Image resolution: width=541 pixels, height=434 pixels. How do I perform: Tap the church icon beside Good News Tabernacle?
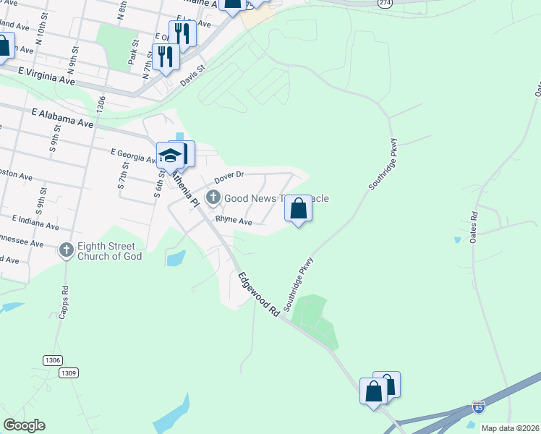point(213,197)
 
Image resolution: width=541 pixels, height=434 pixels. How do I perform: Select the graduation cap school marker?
point(169,156)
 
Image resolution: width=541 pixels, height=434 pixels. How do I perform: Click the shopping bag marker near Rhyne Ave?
point(298,209)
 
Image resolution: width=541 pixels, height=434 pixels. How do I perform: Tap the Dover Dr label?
point(230,176)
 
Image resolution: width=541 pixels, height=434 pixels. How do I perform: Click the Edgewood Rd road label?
point(257,294)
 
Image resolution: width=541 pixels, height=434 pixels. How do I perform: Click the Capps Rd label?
point(64,297)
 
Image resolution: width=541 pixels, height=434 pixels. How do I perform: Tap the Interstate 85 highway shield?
point(478,407)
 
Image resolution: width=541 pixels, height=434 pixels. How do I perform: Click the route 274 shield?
point(385,3)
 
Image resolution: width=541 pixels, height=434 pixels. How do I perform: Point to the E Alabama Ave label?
point(64,119)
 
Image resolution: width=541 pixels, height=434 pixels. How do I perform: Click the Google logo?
point(24,425)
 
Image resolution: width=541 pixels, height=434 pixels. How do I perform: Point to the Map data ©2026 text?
point(509,428)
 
